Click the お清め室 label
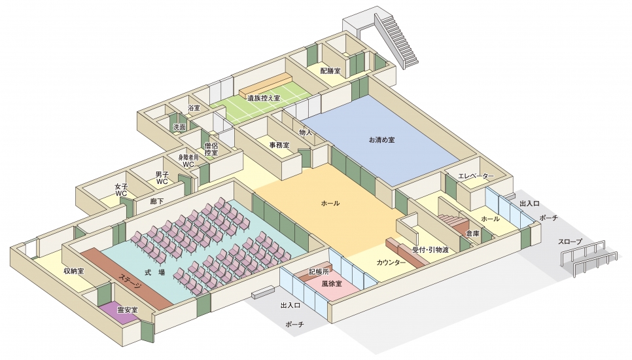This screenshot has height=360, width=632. click(x=381, y=140)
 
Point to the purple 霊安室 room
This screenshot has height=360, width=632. click(x=127, y=309)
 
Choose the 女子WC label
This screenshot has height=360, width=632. click(x=121, y=190)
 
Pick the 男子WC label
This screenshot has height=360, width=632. click(x=162, y=177)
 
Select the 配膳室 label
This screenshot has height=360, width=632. click(x=330, y=70)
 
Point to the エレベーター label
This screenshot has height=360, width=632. click(x=476, y=176)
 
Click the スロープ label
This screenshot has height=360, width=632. click(x=571, y=242)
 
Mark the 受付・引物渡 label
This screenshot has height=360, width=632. click(x=430, y=249)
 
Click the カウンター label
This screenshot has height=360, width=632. click(x=391, y=262)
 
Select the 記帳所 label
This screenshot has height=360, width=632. click(x=320, y=270)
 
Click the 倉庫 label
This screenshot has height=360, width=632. click(x=472, y=233)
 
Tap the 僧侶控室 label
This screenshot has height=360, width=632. click(x=211, y=149)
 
